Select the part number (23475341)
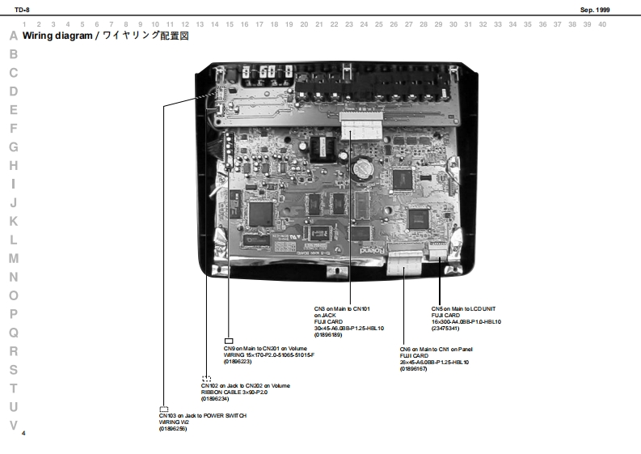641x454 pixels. coord(445,328)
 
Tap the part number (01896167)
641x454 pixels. coord(414,368)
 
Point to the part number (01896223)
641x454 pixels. coord(238,361)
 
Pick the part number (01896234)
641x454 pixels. coord(215,399)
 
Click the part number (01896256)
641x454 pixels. coord(173,428)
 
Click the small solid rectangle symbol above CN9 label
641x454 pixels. coord(229,341)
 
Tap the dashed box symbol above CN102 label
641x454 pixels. coord(206,379)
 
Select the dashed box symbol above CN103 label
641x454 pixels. coord(164,409)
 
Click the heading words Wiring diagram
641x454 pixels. coord(57,36)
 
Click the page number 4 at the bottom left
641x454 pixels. coord(24,434)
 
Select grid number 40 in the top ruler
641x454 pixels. coord(602,24)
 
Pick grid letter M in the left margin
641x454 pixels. coord(13,258)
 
